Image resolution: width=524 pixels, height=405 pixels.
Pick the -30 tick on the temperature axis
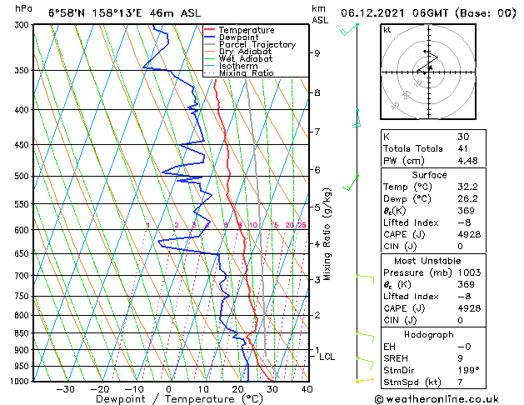(x=65, y=389)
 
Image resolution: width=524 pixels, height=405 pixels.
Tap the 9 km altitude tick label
(x=317, y=53)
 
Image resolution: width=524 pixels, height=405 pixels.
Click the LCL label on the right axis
(x=327, y=357)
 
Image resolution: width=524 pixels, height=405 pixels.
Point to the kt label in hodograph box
(x=387, y=29)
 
